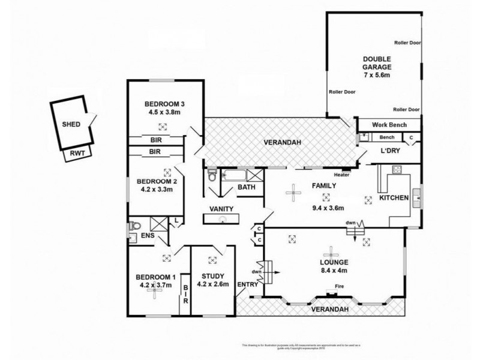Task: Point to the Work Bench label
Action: [389, 125]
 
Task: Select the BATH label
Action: [246, 188]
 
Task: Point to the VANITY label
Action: [221, 208]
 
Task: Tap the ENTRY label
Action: [248, 284]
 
